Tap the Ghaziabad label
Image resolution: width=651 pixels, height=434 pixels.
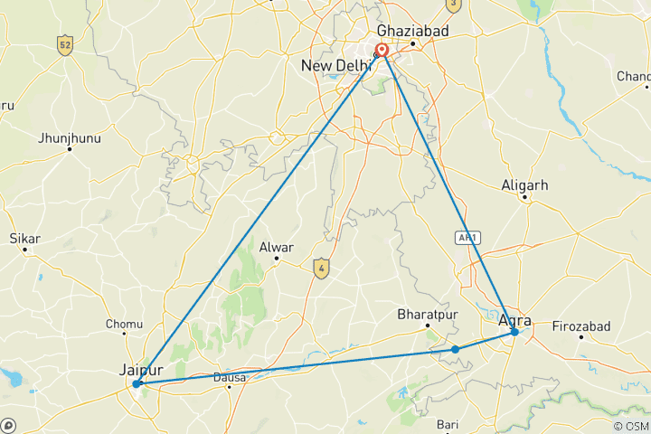pos(412,30)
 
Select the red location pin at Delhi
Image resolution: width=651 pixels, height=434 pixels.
pos(382,51)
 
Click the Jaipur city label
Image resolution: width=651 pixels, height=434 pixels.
pos(141,369)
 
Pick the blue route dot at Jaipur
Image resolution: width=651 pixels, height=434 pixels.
pos(137,384)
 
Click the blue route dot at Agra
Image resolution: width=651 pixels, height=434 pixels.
pos(514,333)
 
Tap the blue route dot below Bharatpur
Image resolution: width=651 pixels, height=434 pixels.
pos(456,349)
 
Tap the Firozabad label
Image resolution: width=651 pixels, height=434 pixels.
pos(581,325)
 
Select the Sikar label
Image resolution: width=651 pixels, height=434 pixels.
pos(24,239)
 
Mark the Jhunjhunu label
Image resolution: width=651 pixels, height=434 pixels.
pos(69,138)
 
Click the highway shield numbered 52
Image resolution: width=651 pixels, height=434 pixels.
pos(63,44)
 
